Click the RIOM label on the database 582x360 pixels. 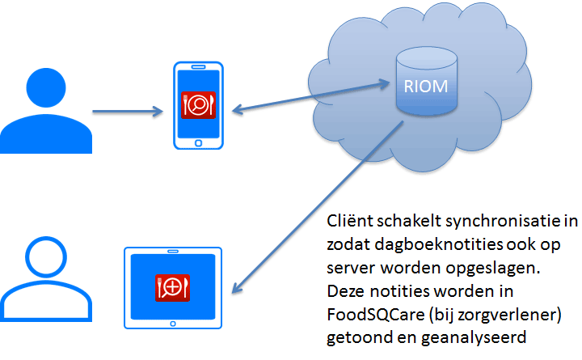pyautogui.click(x=426, y=87)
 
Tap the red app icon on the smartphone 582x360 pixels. pyautogui.click(x=198, y=105)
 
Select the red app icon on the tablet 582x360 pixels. pyautogui.click(x=173, y=287)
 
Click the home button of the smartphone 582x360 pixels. pyautogui.click(x=198, y=143)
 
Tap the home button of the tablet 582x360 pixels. pyautogui.click(x=173, y=324)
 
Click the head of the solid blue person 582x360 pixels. pyautogui.click(x=46, y=87)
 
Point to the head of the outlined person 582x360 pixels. pyautogui.click(x=46, y=256)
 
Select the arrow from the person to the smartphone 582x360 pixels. pyautogui.click(x=128, y=111)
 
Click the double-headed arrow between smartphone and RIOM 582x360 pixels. pyautogui.click(x=310, y=97)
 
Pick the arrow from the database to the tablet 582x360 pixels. pyautogui.click(x=318, y=207)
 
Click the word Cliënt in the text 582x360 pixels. pyautogui.click(x=350, y=221)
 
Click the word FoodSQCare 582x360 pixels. pyautogui.click(x=376, y=315)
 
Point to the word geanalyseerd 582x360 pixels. pyautogui.click(x=474, y=338)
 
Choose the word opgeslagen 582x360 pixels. pyautogui.click(x=493, y=269)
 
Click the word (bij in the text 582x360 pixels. pyautogui.click(x=441, y=316)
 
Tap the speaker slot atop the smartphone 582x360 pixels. pyautogui.click(x=198, y=67)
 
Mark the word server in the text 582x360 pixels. pyautogui.click(x=352, y=269)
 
